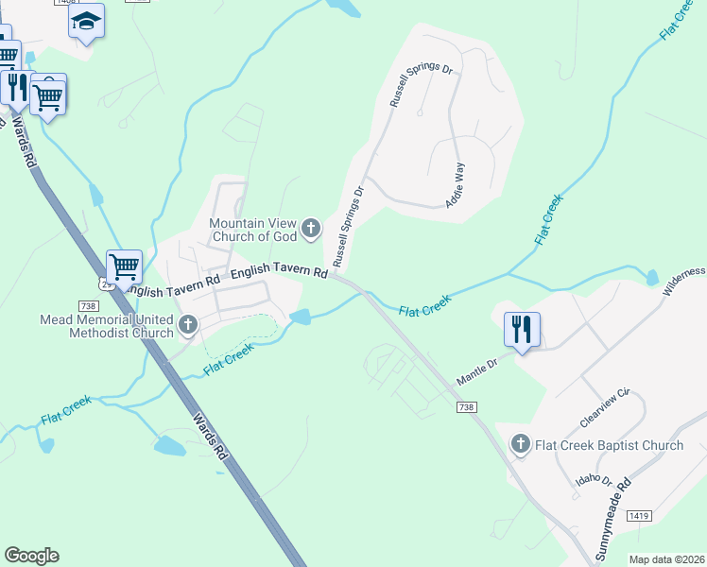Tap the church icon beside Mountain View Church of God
click(312, 228)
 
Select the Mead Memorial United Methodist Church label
click(107, 326)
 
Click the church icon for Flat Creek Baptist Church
click(520, 444)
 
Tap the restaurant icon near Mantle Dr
click(522, 330)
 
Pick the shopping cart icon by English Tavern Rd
click(124, 267)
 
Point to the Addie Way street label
click(456, 185)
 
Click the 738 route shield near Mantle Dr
click(465, 406)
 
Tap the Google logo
click(31, 556)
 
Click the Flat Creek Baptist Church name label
click(609, 445)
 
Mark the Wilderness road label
click(683, 281)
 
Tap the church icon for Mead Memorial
click(187, 326)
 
